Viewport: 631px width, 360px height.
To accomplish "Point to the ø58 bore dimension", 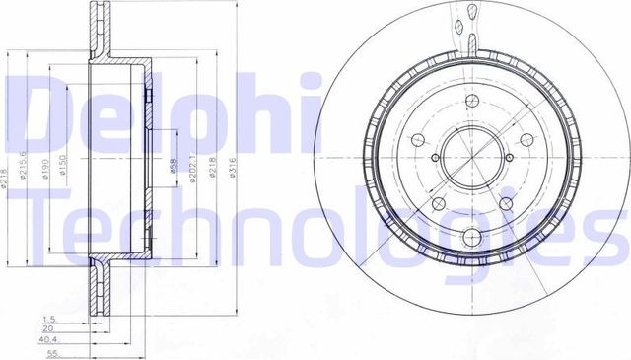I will point(173,171).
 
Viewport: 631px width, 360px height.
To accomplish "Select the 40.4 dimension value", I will point(45,341).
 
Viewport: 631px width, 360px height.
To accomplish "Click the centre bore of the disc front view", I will point(468,161).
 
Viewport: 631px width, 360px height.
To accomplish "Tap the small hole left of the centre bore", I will point(435,157).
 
